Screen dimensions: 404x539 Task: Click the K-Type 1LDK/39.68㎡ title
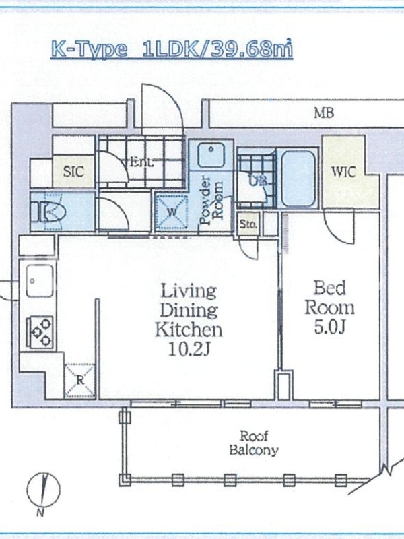[x=172, y=49]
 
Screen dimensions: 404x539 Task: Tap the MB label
[x=324, y=113]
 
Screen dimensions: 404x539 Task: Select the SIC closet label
[x=73, y=171]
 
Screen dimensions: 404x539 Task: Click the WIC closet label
[x=343, y=172]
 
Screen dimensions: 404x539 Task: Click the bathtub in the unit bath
[x=298, y=178]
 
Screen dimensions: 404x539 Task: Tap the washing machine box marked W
[x=172, y=212]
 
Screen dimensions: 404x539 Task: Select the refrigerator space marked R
[x=80, y=381]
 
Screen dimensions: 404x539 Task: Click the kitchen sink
[x=40, y=281]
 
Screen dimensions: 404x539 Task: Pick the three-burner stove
[x=40, y=331]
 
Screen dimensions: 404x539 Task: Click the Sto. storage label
[x=248, y=224]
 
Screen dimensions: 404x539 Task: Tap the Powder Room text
[x=211, y=200]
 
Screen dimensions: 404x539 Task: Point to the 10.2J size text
[x=189, y=350]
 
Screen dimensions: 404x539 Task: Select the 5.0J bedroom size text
[x=329, y=327]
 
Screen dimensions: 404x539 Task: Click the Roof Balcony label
[x=254, y=443]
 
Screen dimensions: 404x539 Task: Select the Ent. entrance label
[x=141, y=162]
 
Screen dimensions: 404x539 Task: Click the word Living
[x=189, y=291]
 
